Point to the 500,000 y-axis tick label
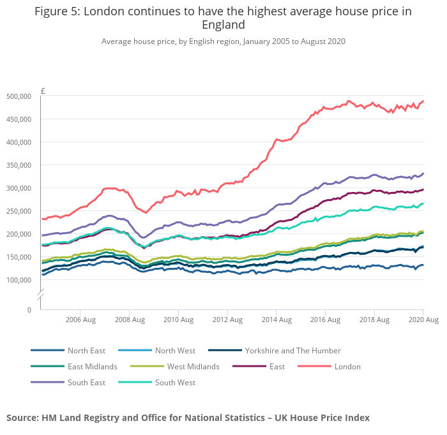pos(19,96)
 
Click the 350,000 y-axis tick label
pos(19,165)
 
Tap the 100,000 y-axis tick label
pos(19,280)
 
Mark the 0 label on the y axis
pos(29,310)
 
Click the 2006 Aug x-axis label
pos(81,319)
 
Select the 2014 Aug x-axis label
pos(276,319)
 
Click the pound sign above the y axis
pos(43,91)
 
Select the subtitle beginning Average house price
pos(223,41)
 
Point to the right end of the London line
pos(423,101)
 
